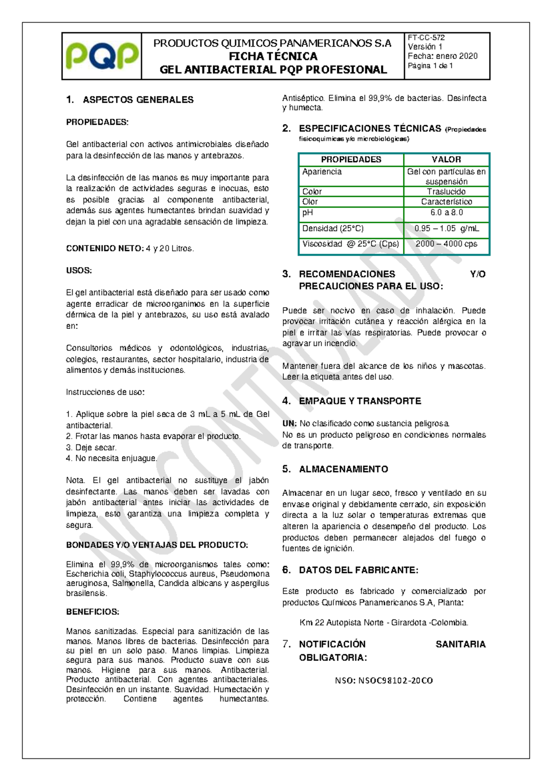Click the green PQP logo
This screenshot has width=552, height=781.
point(102,56)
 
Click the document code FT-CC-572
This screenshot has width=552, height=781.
point(426,38)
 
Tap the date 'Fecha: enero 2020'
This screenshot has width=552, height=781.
point(443,56)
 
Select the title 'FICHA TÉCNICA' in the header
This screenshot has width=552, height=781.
point(273,57)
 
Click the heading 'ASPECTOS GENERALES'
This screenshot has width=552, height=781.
point(138,100)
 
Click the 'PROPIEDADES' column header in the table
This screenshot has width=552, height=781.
point(351,159)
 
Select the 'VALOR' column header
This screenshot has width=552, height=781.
point(446,159)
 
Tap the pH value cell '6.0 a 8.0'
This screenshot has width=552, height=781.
point(446,213)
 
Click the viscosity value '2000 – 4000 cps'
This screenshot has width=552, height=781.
point(446,244)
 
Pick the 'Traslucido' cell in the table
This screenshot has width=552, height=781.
point(446,192)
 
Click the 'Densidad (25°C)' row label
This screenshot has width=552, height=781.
point(333,228)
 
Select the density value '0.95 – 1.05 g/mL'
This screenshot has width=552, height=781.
point(446,228)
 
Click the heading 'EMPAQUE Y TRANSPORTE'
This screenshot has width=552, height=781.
point(360,401)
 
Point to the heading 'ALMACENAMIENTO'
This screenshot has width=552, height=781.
point(343,469)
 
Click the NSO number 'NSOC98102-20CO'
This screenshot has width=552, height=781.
point(395,681)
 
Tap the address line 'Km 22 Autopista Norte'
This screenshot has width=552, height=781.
point(341,623)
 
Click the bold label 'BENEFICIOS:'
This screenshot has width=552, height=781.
point(92,612)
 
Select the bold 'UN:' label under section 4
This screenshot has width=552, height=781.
point(289,424)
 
